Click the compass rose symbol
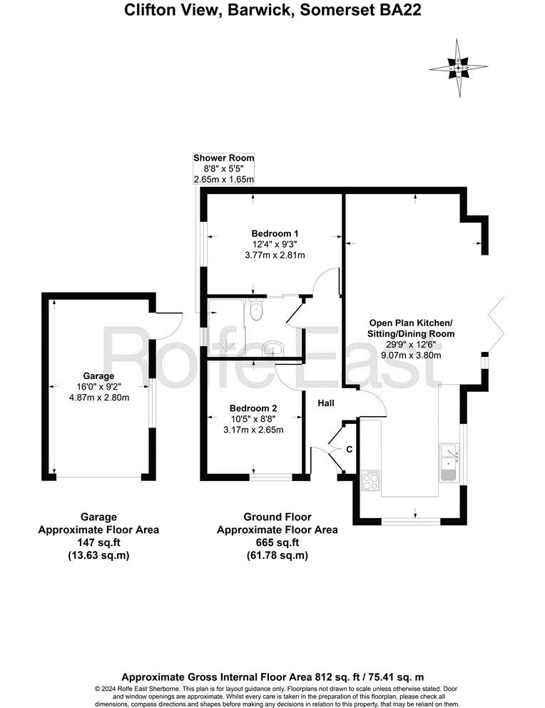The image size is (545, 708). coord(458,69)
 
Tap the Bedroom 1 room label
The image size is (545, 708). coord(275,233)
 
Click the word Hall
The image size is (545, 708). coord(326,403)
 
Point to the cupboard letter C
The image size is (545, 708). coord(349,449)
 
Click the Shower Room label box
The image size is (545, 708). coord(224,168)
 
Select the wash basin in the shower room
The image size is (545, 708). coord(273,348)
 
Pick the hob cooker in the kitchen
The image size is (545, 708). coord(372,480)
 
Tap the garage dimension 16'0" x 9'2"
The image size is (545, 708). coord(98,387)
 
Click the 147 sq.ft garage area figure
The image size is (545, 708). coord(98,542)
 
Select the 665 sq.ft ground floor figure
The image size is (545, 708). coord(277,542)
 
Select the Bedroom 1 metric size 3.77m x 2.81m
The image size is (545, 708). coord(275,254)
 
